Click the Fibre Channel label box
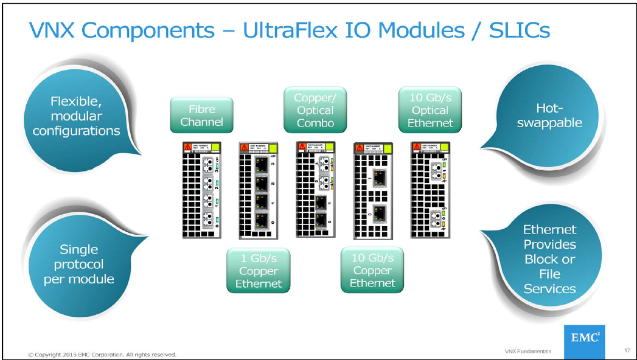tap(201, 115)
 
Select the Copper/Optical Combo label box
tap(315, 110)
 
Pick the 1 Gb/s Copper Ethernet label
tap(258, 271)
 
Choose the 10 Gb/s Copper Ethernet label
tap(372, 271)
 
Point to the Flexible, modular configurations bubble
tap(76, 116)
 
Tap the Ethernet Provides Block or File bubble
tap(549, 258)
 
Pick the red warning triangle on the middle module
tap(300, 147)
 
